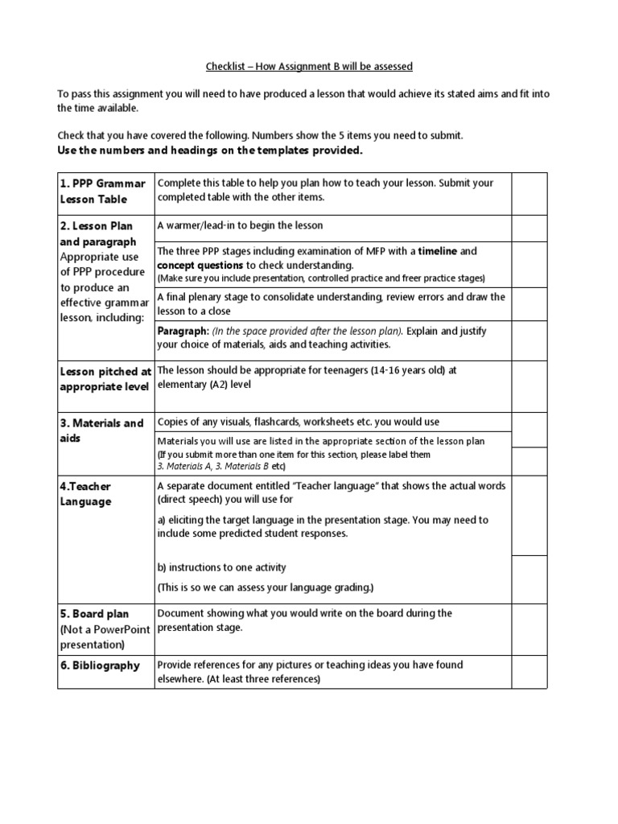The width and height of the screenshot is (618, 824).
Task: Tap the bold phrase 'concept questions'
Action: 200,265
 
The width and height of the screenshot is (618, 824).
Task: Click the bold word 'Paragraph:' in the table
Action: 183,331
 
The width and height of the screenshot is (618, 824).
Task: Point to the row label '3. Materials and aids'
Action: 102,431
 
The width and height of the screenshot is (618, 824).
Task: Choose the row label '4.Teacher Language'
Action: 85,494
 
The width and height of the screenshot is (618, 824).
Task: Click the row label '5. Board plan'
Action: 94,614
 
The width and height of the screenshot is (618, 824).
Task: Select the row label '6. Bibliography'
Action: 101,665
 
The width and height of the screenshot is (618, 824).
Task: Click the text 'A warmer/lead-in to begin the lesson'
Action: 240,226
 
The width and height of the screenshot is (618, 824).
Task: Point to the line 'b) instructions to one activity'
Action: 222,567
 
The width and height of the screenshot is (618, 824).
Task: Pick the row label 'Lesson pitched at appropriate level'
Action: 105,378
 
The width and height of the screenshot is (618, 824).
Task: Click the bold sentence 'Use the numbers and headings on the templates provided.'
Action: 210,150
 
